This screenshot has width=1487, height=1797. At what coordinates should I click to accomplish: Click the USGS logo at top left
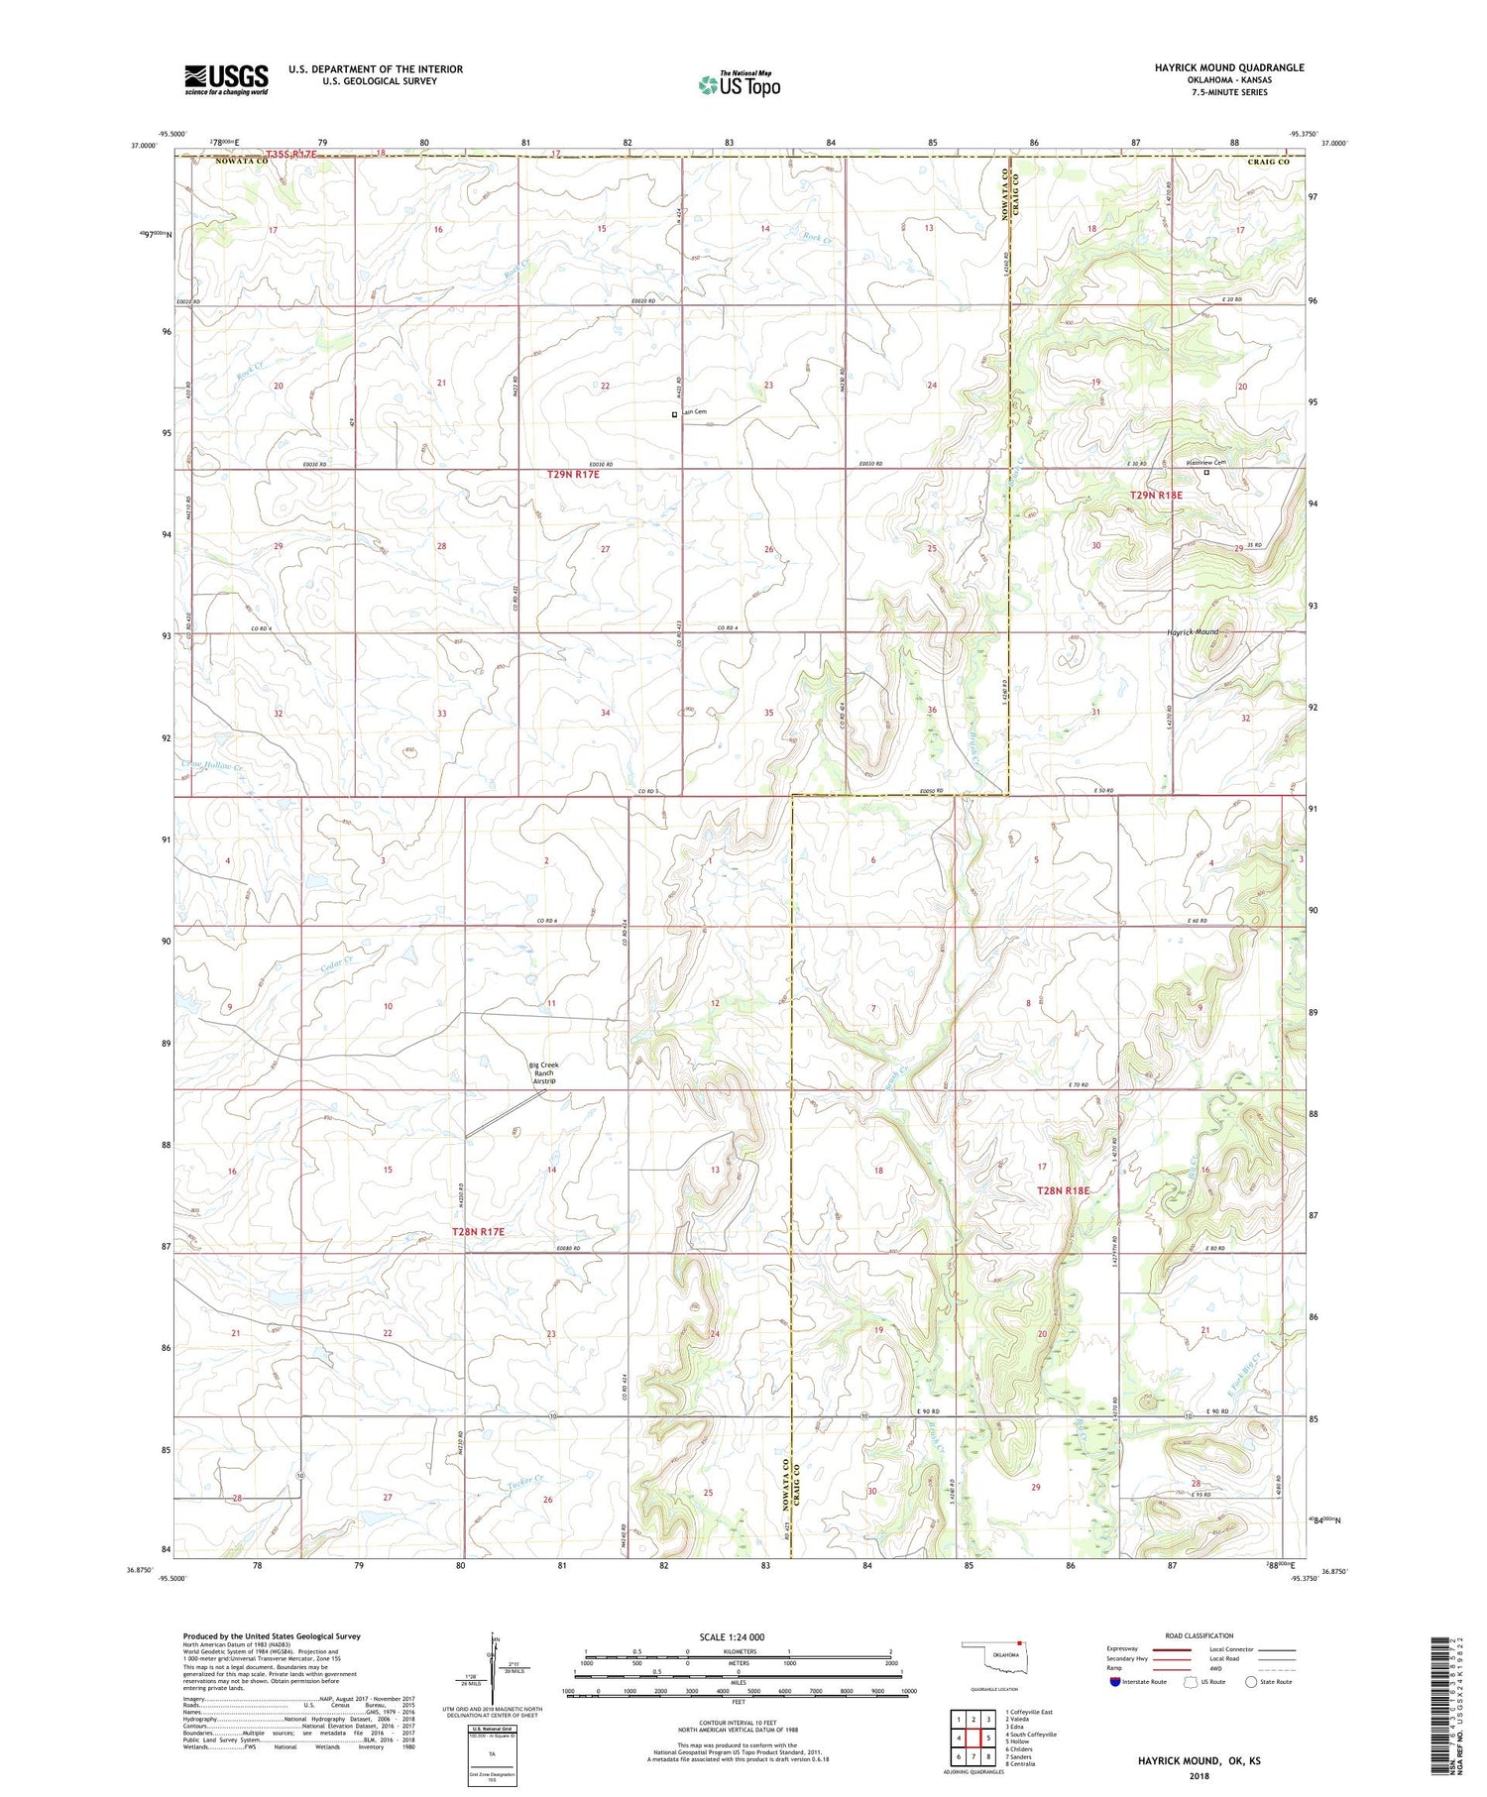click(x=226, y=79)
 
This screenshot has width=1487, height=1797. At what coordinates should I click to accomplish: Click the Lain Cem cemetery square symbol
click(x=675, y=414)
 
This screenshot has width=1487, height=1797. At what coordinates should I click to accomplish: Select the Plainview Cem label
click(x=1206, y=462)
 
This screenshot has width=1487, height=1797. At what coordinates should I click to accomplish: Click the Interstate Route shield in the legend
click(x=1115, y=1682)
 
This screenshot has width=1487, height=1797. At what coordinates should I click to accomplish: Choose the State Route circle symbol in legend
click(x=1252, y=1682)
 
